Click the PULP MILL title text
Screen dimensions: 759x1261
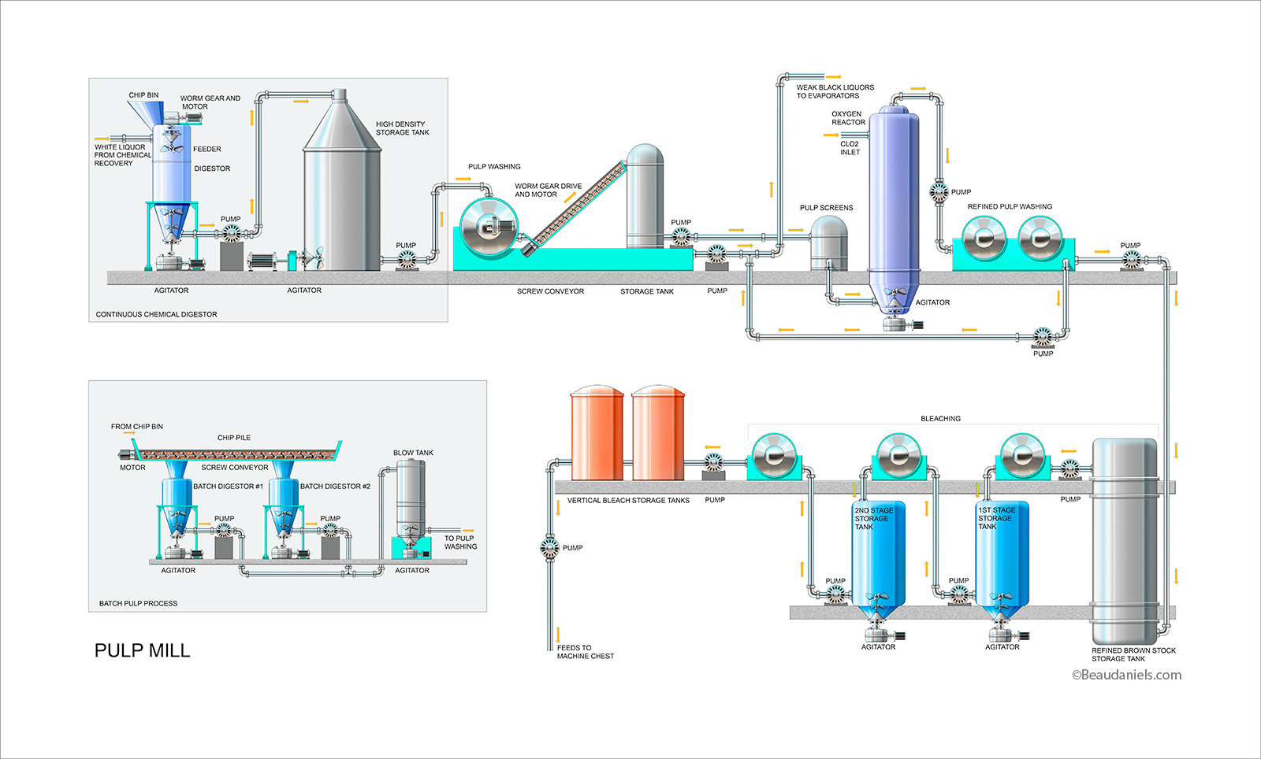click(x=142, y=650)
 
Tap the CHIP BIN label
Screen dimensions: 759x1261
click(x=143, y=95)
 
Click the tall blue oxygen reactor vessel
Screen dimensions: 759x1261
click(x=894, y=197)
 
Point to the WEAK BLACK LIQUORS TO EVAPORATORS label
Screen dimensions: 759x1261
click(x=835, y=91)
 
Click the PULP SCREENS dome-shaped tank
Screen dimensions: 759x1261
click(x=828, y=240)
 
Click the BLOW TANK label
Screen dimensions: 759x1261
click(x=413, y=453)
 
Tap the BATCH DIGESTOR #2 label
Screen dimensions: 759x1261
click(x=335, y=487)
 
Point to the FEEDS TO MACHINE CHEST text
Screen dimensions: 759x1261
click(x=585, y=652)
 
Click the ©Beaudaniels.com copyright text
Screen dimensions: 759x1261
click(x=1126, y=675)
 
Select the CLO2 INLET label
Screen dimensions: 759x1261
click(x=850, y=148)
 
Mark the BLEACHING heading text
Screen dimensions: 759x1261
click(x=940, y=419)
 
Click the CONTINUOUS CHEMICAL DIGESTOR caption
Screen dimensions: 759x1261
click(x=156, y=314)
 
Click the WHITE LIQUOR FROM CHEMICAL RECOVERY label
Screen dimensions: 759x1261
click(x=122, y=155)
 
